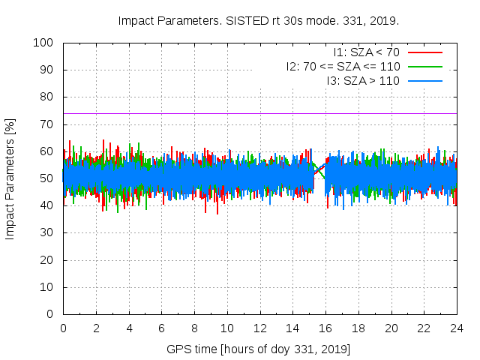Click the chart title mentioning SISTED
pos(259,20)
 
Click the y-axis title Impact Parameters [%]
pos(10,178)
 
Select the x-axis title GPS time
pos(259,349)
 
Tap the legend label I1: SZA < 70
pos(367,52)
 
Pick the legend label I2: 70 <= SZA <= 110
pos(343,66)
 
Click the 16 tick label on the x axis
pos(325,328)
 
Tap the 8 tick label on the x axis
pos(194,328)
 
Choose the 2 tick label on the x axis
pos(96,328)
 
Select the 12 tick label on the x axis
pos(259,328)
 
